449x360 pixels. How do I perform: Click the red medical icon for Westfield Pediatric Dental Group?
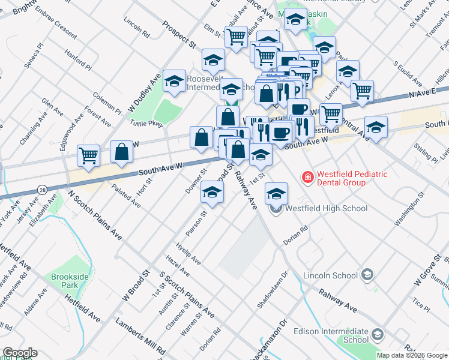[x=307, y=177]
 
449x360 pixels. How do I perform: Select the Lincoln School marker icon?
[x=367, y=275]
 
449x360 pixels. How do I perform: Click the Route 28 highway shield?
[x=41, y=190]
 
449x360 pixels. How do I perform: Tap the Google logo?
[x=19, y=353]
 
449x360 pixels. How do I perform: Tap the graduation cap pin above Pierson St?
[x=212, y=192]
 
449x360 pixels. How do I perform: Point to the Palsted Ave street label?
[x=126, y=196]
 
